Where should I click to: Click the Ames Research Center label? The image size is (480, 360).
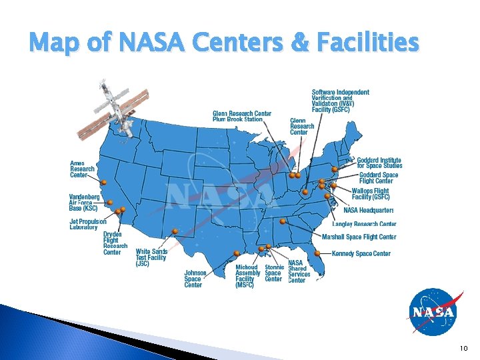pos(82,169)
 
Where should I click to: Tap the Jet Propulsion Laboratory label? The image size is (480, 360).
pos(87,225)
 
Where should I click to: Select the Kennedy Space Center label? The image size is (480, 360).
pos(361,254)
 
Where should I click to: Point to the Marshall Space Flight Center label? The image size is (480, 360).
pos(359,237)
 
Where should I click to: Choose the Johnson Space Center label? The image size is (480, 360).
pos(195,279)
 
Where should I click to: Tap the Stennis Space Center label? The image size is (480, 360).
pos(273,273)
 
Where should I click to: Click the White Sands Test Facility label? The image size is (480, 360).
pos(151,258)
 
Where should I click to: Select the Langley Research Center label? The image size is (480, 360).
pos(364,224)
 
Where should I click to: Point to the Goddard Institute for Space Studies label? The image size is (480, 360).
pos(379,163)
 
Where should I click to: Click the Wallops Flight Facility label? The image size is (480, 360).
pos(370,194)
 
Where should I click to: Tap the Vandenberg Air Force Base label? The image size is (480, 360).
pos(85,203)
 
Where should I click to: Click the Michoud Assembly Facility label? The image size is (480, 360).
pos(247,277)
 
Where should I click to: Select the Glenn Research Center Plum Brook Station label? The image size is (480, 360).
pos(241,117)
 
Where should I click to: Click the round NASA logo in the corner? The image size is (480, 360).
pos(433,312)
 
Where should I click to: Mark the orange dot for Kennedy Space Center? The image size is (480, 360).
pos(317,253)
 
